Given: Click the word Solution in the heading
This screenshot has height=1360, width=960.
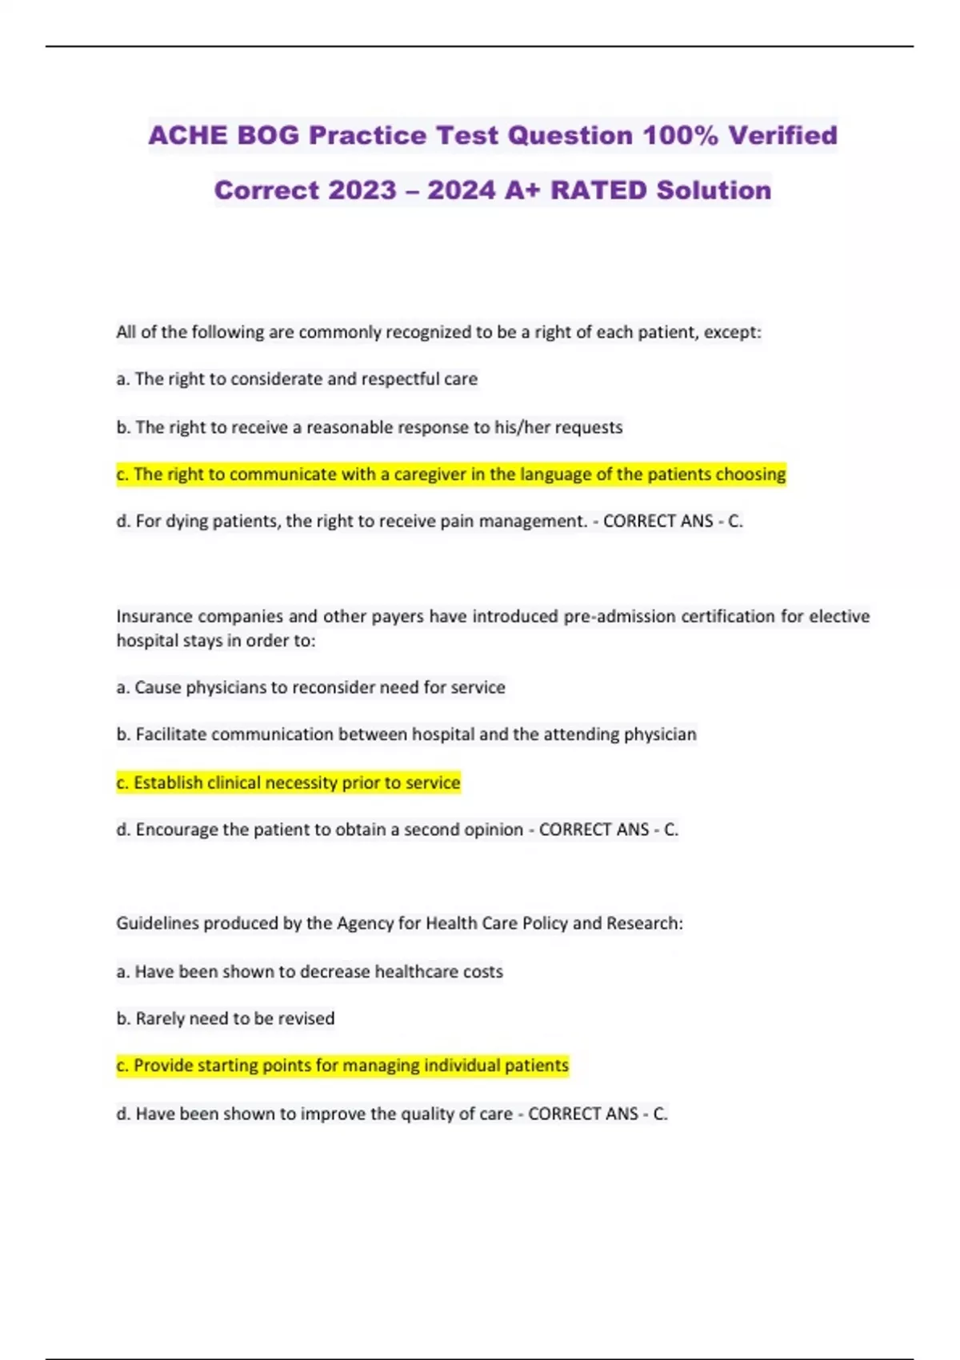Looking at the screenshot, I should coord(714,190).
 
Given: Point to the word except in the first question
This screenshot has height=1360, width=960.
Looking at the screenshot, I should coord(730,332).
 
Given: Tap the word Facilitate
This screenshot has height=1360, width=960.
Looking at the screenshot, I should coord(170,734).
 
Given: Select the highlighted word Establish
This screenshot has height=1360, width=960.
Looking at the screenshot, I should coord(168,782).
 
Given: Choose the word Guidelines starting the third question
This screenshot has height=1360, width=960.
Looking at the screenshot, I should coord(157,923).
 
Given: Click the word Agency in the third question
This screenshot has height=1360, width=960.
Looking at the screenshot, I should coord(365,923).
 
